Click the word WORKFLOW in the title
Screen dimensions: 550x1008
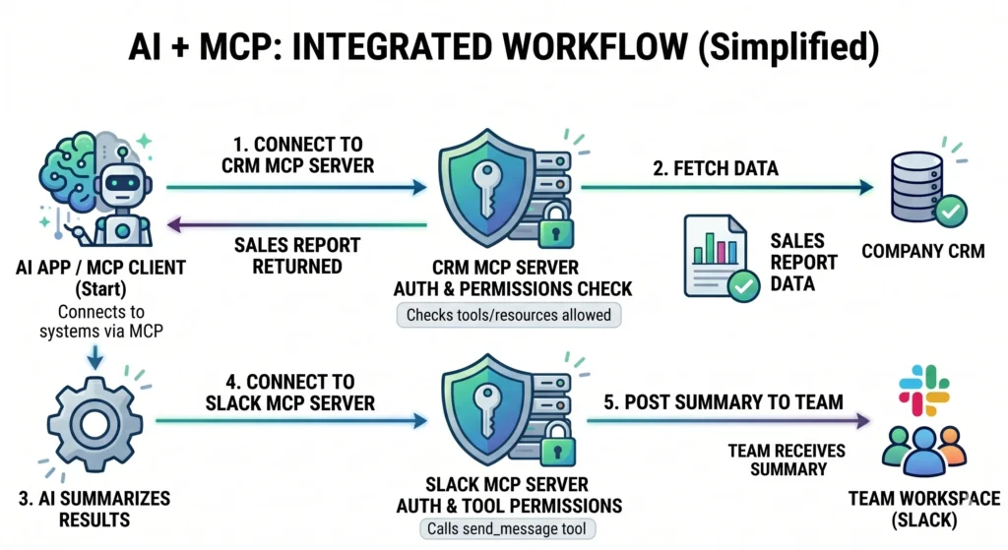click(570, 44)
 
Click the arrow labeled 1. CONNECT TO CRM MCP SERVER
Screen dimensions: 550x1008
click(295, 185)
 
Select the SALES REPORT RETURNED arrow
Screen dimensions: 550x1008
click(295, 226)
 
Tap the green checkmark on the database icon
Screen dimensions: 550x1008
click(951, 210)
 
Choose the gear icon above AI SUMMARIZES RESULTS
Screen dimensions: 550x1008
click(94, 424)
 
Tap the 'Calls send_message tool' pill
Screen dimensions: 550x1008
click(505, 529)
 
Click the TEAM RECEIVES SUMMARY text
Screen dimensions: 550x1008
click(778, 460)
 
